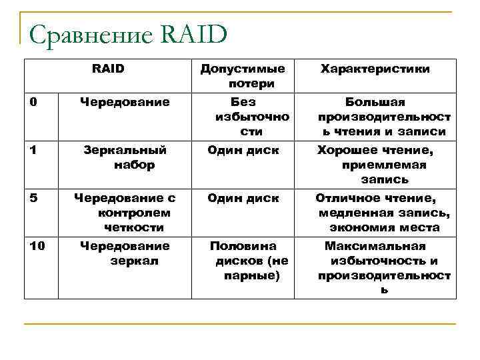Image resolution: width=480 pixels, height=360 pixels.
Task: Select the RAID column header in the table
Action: [108, 68]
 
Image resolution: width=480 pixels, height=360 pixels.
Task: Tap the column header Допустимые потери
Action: [243, 76]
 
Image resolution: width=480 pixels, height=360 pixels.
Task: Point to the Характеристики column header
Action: [375, 69]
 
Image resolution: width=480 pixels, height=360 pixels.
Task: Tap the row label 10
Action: [37, 246]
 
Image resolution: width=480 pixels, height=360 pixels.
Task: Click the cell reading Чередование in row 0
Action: [125, 102]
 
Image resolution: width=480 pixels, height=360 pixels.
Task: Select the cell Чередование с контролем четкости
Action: [125, 213]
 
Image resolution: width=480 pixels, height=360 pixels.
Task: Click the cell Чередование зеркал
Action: [125, 253]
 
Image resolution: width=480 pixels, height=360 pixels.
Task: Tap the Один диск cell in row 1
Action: [243, 150]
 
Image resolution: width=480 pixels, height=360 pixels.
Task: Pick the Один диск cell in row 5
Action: [243, 198]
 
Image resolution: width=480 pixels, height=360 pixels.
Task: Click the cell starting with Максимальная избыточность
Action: [384, 267]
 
